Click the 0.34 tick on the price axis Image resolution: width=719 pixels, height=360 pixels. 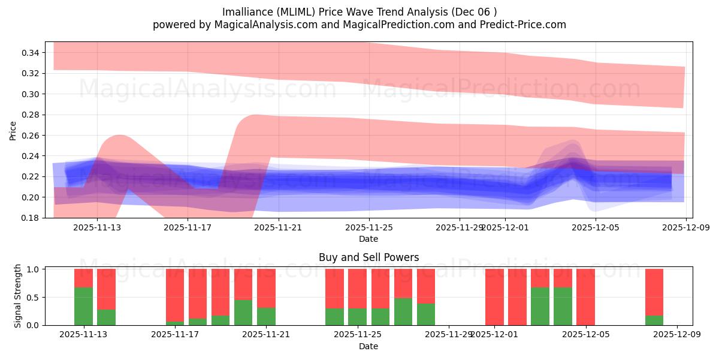[31, 53]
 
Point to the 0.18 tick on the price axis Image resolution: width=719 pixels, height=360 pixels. [31, 218]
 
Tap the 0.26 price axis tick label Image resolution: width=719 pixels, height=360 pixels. [31, 136]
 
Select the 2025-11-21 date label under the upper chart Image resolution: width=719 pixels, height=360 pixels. [279, 227]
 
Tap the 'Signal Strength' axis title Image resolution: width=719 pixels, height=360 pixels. [18, 296]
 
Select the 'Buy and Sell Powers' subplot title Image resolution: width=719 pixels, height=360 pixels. [368, 257]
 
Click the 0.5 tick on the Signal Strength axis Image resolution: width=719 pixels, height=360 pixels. [33, 297]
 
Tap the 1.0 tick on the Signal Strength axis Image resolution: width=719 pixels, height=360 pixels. [33, 269]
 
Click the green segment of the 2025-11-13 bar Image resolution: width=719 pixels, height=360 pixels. [83, 306]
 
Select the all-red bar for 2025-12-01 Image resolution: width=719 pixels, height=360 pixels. [494, 297]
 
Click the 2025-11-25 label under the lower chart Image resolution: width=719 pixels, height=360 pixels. [357, 335]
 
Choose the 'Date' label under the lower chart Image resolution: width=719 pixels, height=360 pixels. [368, 346]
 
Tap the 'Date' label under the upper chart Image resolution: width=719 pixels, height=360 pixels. [368, 239]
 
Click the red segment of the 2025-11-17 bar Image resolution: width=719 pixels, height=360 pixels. [175, 294]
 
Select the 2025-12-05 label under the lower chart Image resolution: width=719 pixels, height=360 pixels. [585, 335]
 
